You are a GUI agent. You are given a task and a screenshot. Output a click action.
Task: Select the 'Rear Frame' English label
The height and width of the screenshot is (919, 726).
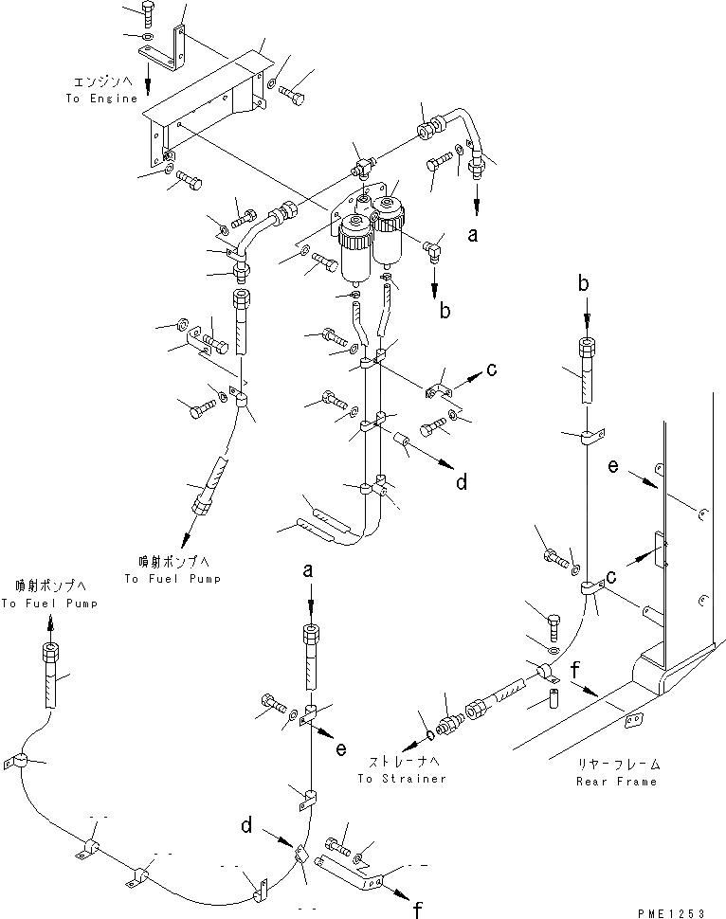[x=615, y=782]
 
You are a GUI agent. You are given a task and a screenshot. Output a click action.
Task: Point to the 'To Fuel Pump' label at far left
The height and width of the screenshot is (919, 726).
[x=48, y=604]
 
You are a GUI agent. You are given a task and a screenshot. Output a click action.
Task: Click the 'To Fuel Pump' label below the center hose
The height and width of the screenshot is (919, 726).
[x=172, y=579]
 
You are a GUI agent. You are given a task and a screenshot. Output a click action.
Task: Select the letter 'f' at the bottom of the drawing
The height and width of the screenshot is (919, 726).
[x=416, y=911]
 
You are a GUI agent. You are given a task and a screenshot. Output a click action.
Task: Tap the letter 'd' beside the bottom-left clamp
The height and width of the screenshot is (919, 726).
[x=245, y=826]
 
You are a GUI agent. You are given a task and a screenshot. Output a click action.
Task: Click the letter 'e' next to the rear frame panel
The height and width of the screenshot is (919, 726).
[x=613, y=467]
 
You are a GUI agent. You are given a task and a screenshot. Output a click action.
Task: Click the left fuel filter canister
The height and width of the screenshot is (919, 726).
[x=358, y=248]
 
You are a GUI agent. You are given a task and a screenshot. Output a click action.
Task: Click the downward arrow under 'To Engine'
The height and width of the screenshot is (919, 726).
[x=147, y=74]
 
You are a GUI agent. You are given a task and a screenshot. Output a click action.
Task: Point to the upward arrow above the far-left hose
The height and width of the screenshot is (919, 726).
[x=50, y=622]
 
